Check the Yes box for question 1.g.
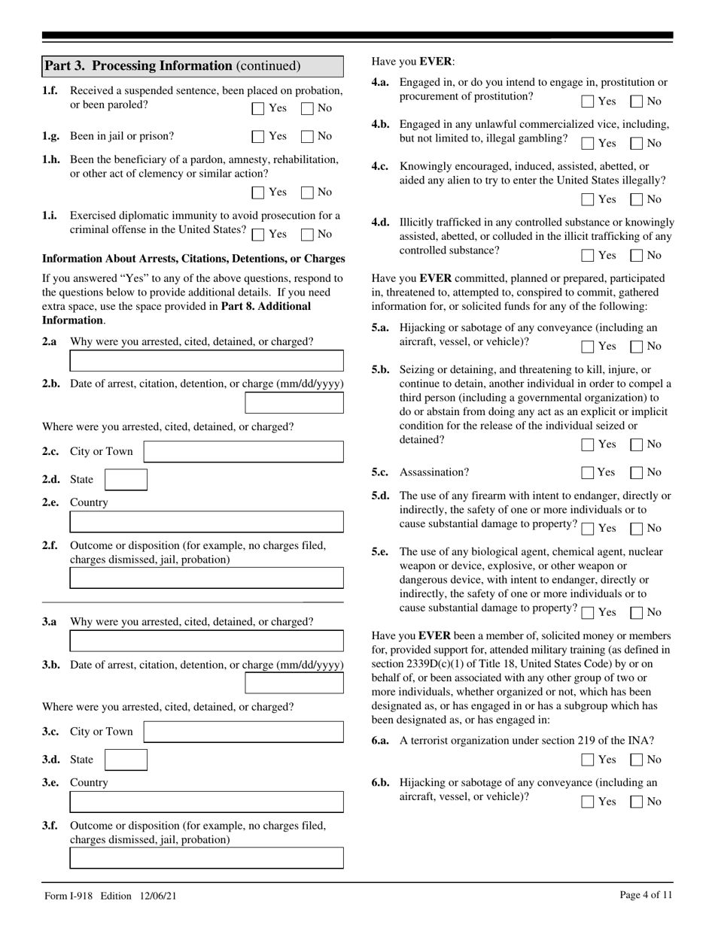pos(258,137)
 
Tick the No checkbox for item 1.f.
pos(307,108)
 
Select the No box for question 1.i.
pos(307,234)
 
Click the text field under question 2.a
pos(206,361)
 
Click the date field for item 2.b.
pos(294,403)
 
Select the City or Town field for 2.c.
pos(243,451)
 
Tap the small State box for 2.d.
pos(126,479)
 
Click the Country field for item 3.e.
pos(206,802)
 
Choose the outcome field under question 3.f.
pos(206,858)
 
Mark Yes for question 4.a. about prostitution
pos(588,102)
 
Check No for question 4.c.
pos(637,200)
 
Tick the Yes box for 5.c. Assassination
pos(588,473)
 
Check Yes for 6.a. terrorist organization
pos(588,760)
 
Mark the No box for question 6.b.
pos(637,802)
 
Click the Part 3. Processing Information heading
pos(172,66)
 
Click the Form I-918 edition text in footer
pos(111,896)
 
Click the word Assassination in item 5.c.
pos(434,473)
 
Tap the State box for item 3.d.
pos(126,760)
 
